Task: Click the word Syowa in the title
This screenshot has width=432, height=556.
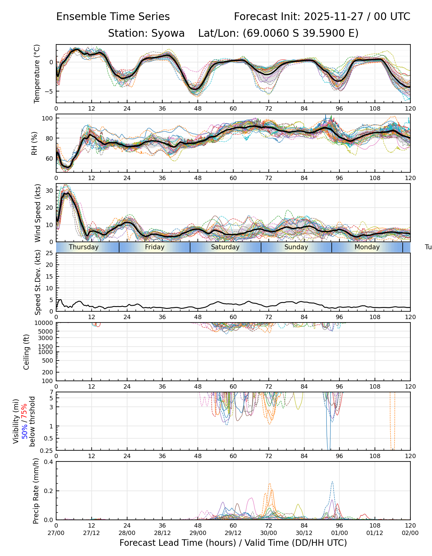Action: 168,33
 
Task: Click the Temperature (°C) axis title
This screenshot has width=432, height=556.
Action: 37,74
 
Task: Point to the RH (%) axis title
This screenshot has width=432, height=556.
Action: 34,143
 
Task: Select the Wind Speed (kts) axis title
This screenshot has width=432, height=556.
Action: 38,213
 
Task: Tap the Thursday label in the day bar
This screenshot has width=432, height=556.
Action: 84,247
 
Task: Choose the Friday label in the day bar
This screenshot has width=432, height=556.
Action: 155,247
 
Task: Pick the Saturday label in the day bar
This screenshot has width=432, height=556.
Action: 225,247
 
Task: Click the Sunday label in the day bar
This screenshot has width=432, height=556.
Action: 296,247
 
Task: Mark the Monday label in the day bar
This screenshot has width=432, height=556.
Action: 367,247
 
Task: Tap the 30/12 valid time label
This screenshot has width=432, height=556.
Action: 304,533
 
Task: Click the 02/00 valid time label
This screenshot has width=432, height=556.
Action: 410,533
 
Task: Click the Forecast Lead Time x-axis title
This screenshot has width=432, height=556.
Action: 233,543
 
